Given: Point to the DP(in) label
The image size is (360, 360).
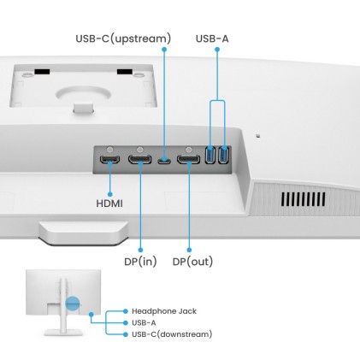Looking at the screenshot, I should tap(139, 261).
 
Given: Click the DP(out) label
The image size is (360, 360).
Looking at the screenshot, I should tap(193, 261).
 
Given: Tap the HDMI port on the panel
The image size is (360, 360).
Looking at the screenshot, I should tap(109, 159).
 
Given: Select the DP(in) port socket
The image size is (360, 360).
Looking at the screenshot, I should tap(139, 159).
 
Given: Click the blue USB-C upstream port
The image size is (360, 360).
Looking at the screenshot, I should tap(163, 159).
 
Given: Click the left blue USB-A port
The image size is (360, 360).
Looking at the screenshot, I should tap(211, 156).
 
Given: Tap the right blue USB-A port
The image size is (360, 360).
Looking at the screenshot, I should tap(224, 156).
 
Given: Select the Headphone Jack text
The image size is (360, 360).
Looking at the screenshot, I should tap(163, 311).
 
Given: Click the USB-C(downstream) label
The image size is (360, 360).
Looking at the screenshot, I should tap(172, 333).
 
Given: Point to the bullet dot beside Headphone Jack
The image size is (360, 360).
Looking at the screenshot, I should tap(125, 311).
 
